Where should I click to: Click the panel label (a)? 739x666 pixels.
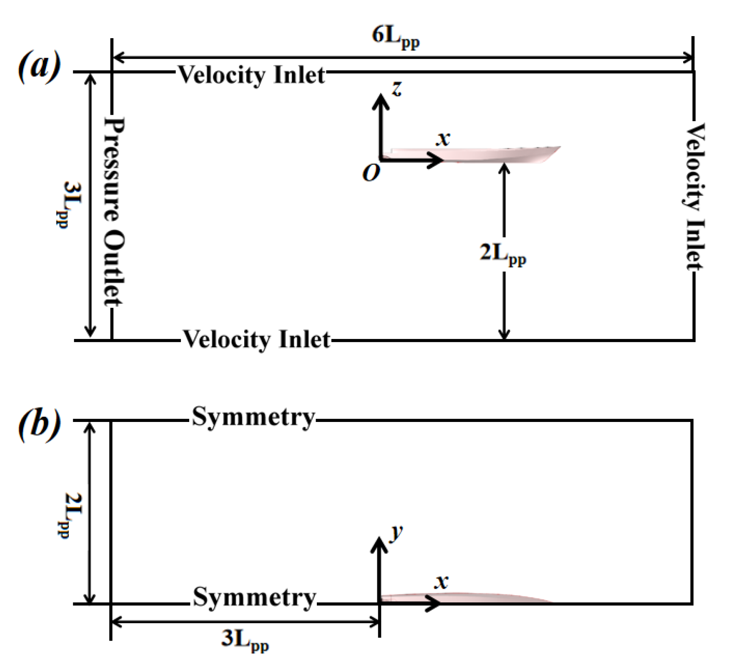pyautogui.click(x=39, y=67)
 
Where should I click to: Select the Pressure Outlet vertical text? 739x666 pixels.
pyautogui.click(x=114, y=212)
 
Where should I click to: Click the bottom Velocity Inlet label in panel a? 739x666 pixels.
pyautogui.click(x=257, y=339)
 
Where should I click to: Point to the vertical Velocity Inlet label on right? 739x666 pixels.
pyautogui.click(x=694, y=196)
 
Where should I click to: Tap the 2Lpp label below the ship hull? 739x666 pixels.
pyautogui.click(x=502, y=254)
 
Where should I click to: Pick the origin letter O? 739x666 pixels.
pyautogui.click(x=371, y=173)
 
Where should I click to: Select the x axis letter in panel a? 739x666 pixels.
pyautogui.click(x=443, y=138)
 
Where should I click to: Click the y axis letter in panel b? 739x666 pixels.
pyautogui.click(x=396, y=533)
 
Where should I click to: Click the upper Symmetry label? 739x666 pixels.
pyautogui.click(x=253, y=417)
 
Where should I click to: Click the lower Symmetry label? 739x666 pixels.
pyautogui.click(x=254, y=597)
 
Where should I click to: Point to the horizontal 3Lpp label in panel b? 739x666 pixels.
pyautogui.click(x=245, y=639)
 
